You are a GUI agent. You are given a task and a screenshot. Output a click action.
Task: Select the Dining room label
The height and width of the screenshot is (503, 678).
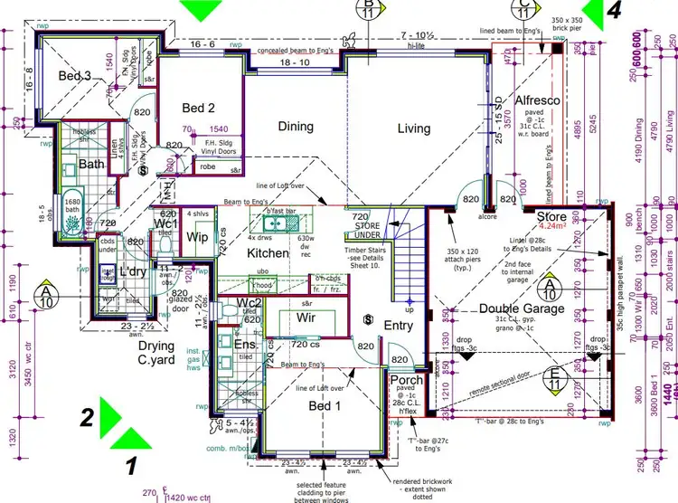[x=296, y=128]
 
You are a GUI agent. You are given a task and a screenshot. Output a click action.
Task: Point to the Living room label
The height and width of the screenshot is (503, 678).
[x=414, y=128]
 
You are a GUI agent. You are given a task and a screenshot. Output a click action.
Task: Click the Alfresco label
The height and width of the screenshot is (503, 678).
[x=541, y=101]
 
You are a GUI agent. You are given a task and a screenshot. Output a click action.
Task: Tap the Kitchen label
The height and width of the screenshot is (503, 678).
[x=268, y=253]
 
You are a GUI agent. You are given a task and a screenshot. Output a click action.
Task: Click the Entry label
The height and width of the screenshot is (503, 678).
[x=399, y=326]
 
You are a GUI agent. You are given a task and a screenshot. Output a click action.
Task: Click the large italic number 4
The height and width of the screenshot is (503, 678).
[x=615, y=11]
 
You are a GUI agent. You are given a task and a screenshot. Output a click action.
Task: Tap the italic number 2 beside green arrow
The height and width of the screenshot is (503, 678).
[x=87, y=417]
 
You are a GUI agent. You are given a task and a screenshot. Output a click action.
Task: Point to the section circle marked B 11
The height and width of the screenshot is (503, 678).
[x=369, y=9]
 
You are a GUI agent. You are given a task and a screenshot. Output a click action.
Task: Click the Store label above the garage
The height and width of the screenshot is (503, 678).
[x=551, y=217]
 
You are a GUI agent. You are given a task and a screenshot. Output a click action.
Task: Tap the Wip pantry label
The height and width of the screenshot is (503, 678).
[x=196, y=238]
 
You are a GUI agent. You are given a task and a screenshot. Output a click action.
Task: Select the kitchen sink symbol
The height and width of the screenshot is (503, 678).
[x=270, y=223]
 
